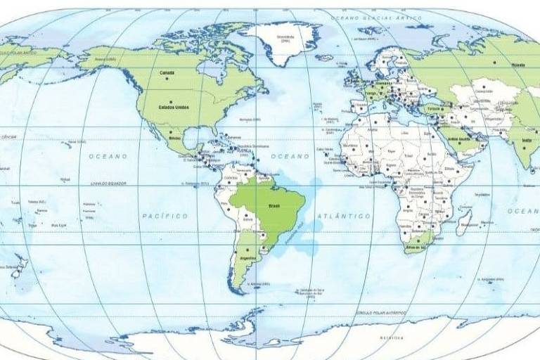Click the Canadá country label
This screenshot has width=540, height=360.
pyautogui.click(x=167, y=72)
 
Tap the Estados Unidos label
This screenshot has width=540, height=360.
pyautogui.click(x=173, y=107)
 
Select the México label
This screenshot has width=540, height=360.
pyautogui.click(x=175, y=139)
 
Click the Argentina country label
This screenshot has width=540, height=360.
pyautogui.click(x=247, y=258)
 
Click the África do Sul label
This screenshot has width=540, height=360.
pyautogui.click(x=416, y=247)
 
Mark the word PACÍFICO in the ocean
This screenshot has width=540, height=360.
pyautogui.click(x=165, y=216)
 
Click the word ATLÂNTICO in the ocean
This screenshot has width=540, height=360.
pyautogui.click(x=344, y=216)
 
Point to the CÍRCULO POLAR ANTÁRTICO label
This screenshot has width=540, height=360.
pyautogui.click(x=380, y=311)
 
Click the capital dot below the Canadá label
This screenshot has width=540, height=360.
pyautogui.click(x=168, y=79)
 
